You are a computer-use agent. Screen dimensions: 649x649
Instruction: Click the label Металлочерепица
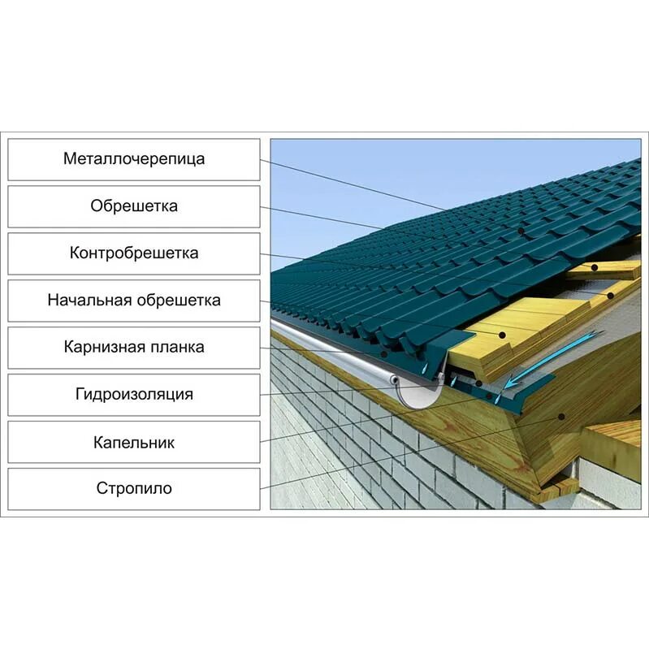tap(134, 159)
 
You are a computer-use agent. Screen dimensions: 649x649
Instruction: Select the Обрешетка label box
tap(134, 206)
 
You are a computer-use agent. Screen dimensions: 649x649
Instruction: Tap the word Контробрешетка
tap(134, 253)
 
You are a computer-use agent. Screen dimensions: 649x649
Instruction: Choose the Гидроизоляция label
tap(134, 395)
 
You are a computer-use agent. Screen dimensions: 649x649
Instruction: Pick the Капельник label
tap(134, 442)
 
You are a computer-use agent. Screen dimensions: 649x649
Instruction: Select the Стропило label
tap(134, 489)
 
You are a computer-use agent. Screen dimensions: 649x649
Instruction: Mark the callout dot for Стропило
tap(560, 417)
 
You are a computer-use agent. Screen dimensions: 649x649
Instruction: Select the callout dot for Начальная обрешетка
tap(504, 334)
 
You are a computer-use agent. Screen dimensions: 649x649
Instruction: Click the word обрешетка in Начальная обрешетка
tap(178, 301)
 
